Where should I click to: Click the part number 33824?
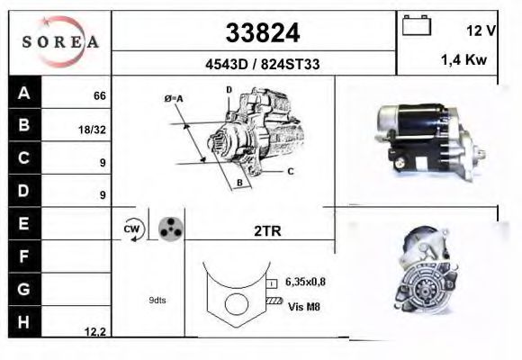pyautogui.click(x=261, y=32)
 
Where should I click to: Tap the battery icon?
pyautogui.click(x=416, y=27)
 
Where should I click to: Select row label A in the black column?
pyautogui.click(x=24, y=93)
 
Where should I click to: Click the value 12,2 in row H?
pyautogui.click(x=95, y=332)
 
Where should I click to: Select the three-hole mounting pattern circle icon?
pyautogui.click(x=169, y=230)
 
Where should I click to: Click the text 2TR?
pyautogui.click(x=267, y=231)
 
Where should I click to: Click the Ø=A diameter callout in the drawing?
pyautogui.click(x=175, y=98)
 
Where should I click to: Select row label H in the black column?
pyautogui.click(x=24, y=321)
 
